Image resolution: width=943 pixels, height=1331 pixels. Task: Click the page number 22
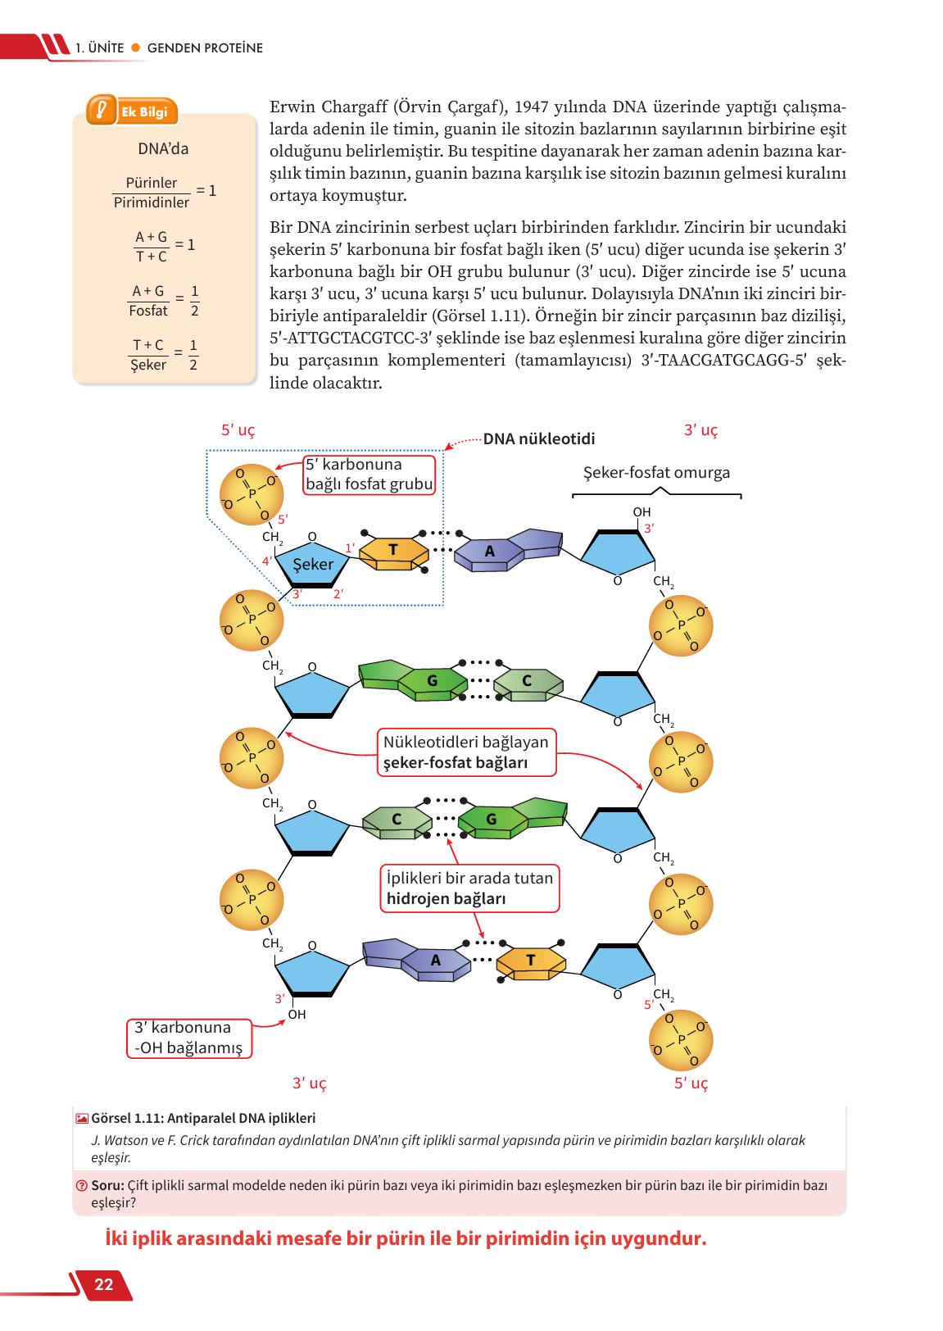(104, 1284)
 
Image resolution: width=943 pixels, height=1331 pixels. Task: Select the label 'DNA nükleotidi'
(538, 439)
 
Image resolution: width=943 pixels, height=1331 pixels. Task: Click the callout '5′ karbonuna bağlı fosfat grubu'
(369, 475)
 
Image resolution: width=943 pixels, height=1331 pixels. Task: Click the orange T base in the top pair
(393, 552)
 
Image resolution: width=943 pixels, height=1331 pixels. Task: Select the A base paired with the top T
(490, 552)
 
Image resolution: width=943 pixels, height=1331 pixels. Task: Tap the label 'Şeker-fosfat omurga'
(656, 473)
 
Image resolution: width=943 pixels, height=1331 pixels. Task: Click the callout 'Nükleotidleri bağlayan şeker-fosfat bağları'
(466, 752)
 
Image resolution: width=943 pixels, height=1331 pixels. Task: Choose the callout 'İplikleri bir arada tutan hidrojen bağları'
(469, 888)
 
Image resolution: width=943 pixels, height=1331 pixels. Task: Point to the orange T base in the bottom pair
(531, 961)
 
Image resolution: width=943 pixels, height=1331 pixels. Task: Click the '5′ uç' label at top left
(238, 430)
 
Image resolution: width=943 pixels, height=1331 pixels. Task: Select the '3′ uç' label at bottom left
(309, 1083)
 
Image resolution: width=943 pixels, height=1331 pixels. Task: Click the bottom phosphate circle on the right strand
(681, 1039)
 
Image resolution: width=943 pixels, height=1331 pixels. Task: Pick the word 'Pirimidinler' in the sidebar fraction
(152, 202)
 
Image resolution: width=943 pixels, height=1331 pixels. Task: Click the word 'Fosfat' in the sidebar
(148, 311)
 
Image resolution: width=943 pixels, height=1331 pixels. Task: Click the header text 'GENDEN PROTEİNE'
(205, 48)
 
